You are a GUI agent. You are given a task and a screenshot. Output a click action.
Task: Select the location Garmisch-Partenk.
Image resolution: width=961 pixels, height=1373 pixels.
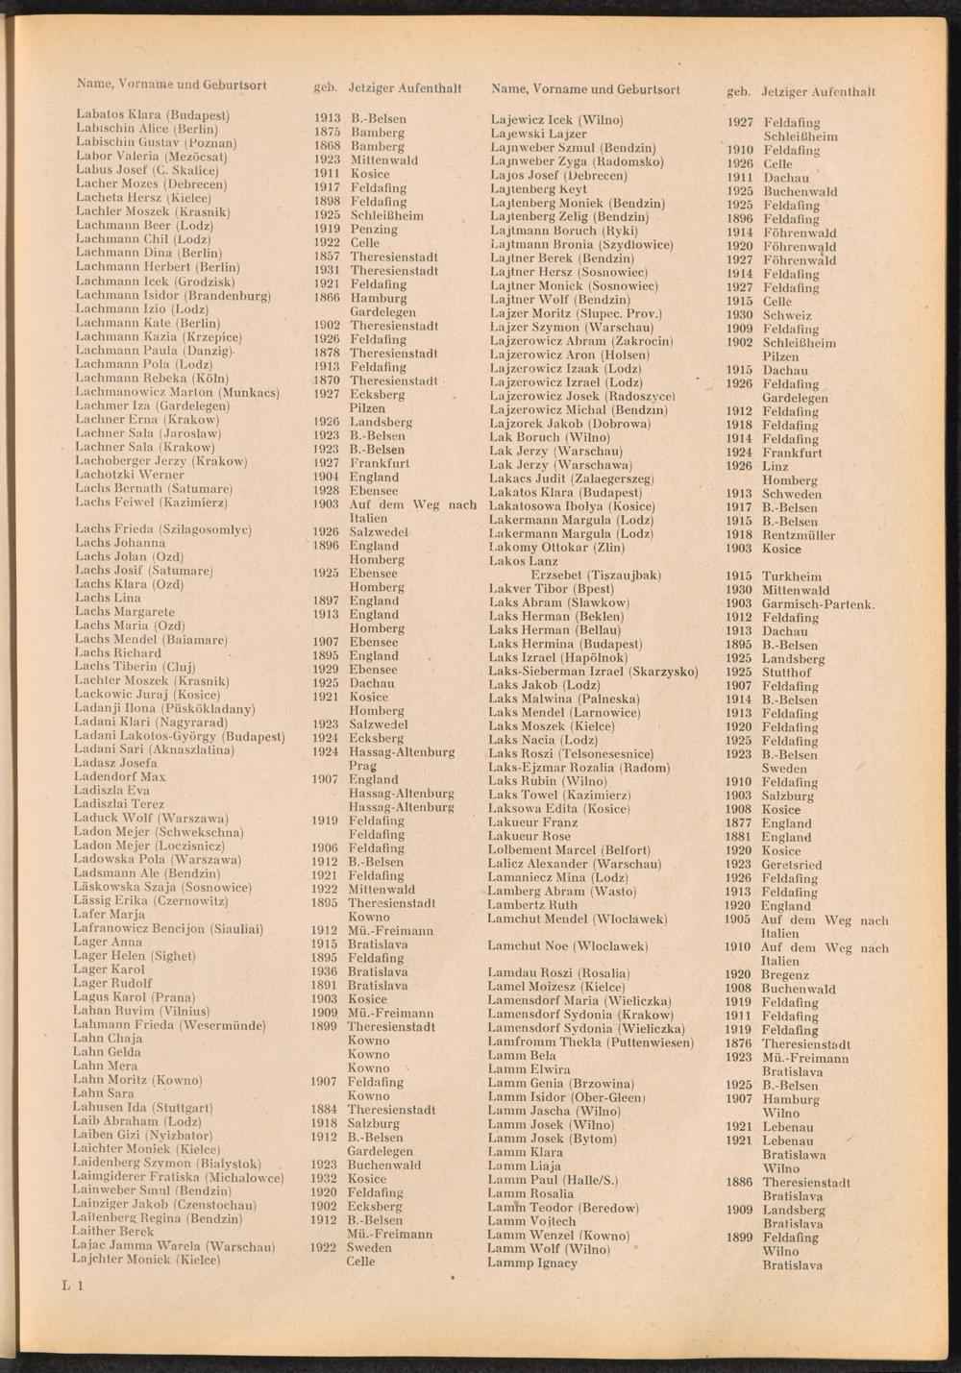(x=818, y=604)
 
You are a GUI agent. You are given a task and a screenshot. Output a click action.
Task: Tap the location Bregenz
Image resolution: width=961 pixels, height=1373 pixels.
(x=786, y=974)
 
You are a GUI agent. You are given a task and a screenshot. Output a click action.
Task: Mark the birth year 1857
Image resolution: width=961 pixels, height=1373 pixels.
(x=328, y=257)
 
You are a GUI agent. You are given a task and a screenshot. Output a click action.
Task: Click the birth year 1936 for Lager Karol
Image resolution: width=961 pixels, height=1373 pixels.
(x=327, y=971)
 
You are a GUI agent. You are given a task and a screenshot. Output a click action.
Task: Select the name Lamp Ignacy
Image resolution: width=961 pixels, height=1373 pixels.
(x=532, y=1263)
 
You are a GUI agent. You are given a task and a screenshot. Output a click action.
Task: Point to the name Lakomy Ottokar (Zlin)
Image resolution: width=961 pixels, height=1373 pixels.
(x=556, y=548)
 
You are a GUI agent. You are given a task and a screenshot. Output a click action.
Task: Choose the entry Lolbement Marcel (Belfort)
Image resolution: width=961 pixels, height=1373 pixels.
(x=569, y=850)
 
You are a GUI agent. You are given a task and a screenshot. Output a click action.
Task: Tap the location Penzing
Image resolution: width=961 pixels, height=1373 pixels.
(x=373, y=230)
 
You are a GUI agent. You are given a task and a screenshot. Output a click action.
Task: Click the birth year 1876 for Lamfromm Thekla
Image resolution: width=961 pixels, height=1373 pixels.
(x=738, y=1043)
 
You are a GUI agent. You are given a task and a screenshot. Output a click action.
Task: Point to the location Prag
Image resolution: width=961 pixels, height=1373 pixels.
(x=362, y=766)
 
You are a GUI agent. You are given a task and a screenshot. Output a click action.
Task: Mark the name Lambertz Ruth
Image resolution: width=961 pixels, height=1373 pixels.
(x=532, y=905)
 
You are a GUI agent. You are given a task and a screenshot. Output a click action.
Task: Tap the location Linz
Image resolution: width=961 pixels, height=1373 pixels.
(x=776, y=466)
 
